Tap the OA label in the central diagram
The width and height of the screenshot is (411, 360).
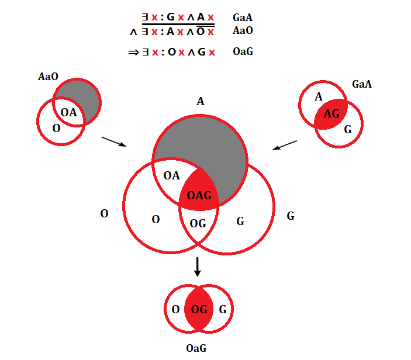point(171,175)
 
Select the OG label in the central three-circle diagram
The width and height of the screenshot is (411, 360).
point(198,223)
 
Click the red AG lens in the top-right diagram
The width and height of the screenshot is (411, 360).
point(331,114)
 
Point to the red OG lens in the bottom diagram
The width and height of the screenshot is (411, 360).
point(199,309)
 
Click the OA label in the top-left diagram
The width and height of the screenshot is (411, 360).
point(69,112)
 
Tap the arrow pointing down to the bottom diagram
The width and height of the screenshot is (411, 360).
point(198,266)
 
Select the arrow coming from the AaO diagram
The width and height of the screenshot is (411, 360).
point(115,142)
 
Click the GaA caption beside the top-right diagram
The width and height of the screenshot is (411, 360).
point(362,84)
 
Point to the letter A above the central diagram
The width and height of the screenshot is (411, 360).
point(201,102)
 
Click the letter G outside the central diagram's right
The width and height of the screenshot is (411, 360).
point(291,216)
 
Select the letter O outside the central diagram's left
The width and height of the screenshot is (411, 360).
point(104,214)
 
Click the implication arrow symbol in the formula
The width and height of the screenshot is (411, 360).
point(133,53)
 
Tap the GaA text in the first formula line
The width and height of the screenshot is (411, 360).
point(243,18)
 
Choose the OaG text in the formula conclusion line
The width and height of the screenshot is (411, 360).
point(243,52)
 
